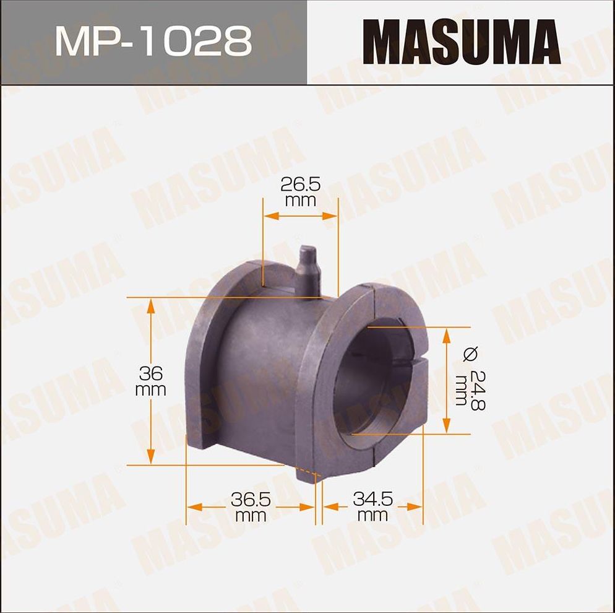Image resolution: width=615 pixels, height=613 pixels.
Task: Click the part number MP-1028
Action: click(153, 41)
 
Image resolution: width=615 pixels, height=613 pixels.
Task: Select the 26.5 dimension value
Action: click(301, 185)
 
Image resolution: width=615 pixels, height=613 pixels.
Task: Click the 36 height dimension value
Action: click(151, 373)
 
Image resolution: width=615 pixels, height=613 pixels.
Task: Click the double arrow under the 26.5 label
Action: click(301, 216)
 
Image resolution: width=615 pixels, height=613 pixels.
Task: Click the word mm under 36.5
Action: click(251, 515)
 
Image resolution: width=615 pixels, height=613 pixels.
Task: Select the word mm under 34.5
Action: click(373, 515)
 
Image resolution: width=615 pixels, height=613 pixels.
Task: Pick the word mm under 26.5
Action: click(301, 201)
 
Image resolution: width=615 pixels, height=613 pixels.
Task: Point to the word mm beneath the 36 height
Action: click(151, 389)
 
